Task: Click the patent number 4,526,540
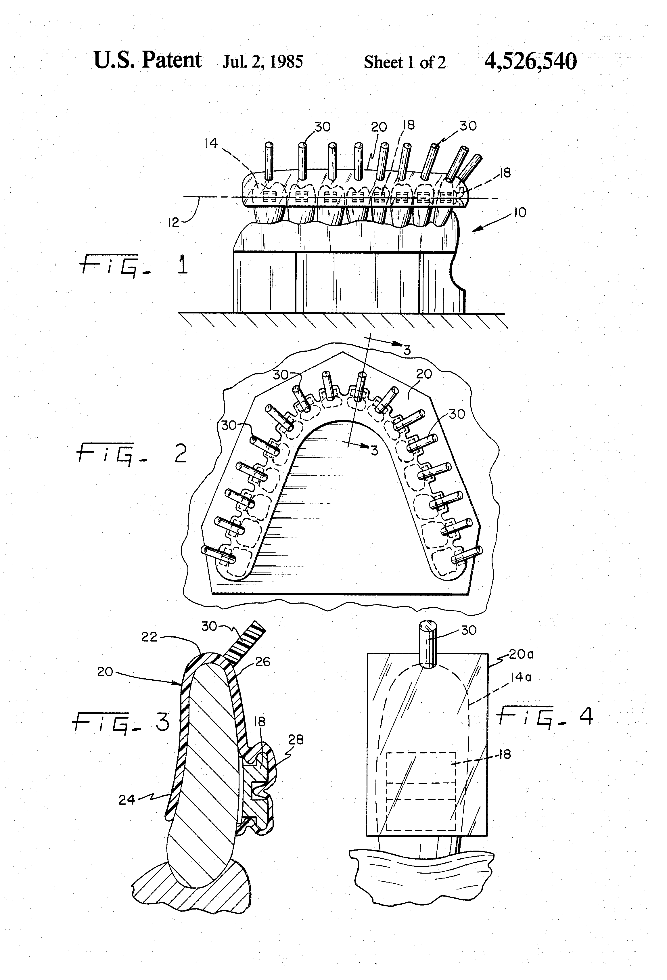[x=530, y=61]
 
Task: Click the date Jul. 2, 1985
[x=263, y=62]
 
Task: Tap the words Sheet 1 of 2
[x=405, y=62]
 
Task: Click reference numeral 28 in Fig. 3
[x=296, y=739]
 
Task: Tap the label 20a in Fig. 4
[x=521, y=654]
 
